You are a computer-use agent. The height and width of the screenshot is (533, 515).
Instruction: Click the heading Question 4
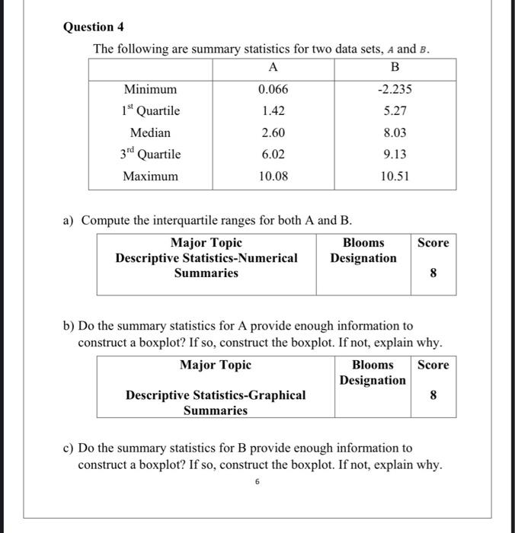(x=93, y=27)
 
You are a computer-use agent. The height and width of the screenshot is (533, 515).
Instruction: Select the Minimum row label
(x=150, y=89)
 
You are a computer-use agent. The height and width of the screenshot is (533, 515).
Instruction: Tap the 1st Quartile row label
(x=150, y=110)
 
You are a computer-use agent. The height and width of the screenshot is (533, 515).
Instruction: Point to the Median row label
(x=150, y=132)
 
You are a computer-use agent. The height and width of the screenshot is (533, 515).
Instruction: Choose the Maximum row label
(x=150, y=176)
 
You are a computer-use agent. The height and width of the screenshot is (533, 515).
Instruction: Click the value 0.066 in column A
(x=273, y=89)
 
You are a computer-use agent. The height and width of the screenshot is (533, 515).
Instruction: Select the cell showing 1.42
(x=273, y=110)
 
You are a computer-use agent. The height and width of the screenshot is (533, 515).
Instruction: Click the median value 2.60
(x=273, y=132)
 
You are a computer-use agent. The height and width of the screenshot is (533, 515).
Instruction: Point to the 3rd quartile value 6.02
(x=273, y=154)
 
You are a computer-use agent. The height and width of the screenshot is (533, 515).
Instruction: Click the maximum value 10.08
(x=273, y=176)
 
